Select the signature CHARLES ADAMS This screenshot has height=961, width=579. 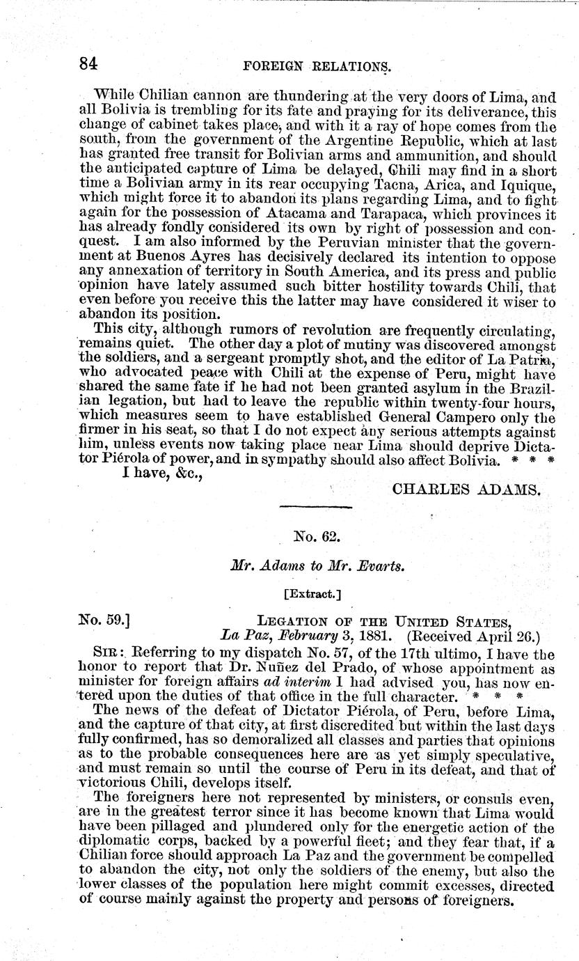click(x=466, y=490)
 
